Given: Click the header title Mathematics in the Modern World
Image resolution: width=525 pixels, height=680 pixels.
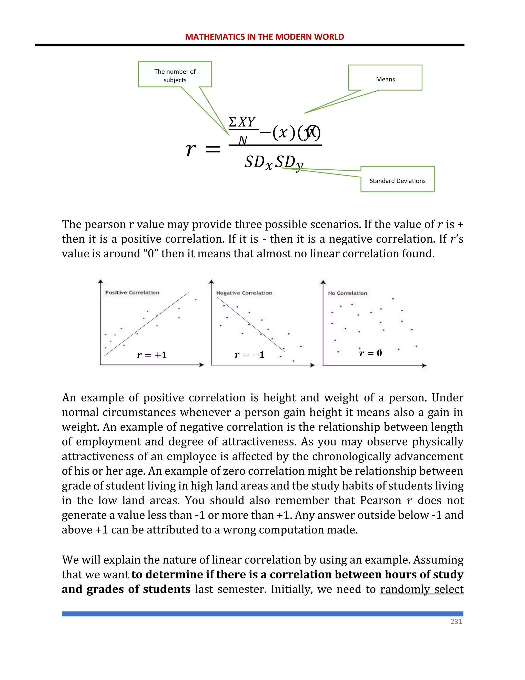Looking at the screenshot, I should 264,37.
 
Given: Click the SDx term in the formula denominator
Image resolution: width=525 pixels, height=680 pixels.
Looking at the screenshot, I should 258,162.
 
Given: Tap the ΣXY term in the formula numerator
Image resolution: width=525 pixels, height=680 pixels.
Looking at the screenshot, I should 242,122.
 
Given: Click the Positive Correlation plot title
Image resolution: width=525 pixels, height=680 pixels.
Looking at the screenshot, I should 132,293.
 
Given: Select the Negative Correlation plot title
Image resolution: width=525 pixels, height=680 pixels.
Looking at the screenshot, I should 244,293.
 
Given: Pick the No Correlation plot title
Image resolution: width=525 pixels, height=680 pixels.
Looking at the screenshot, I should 347,293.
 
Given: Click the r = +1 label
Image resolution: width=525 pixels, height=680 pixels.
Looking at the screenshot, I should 152,355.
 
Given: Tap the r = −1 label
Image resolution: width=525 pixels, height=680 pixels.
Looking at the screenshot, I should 249,355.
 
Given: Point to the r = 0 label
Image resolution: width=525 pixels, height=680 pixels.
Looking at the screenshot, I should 370,353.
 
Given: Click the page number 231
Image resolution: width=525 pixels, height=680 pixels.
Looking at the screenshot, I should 456,621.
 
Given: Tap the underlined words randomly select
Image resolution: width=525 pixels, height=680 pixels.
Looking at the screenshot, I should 421,589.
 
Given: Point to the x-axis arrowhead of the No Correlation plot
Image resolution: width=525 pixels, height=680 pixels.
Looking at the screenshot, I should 424,365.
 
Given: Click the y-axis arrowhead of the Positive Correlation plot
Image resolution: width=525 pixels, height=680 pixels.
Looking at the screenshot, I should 100,281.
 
